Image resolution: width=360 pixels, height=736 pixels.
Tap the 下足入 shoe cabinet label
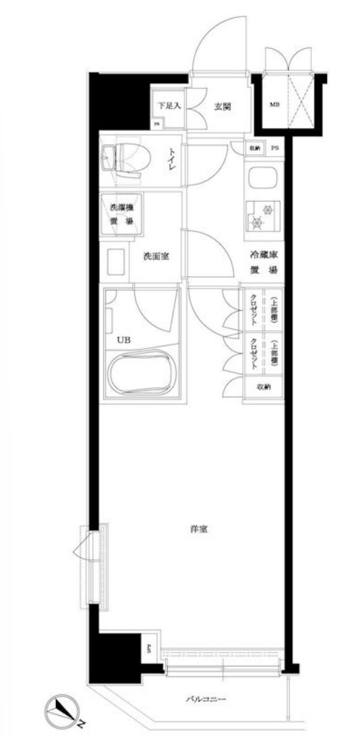(170, 106)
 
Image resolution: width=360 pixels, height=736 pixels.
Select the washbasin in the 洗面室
(115, 262)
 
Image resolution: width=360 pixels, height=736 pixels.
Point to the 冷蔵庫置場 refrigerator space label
(264, 263)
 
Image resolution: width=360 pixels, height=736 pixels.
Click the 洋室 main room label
(199, 530)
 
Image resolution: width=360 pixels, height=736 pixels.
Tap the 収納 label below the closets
(264, 387)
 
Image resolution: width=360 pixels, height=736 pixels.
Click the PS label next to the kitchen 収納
(275, 149)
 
